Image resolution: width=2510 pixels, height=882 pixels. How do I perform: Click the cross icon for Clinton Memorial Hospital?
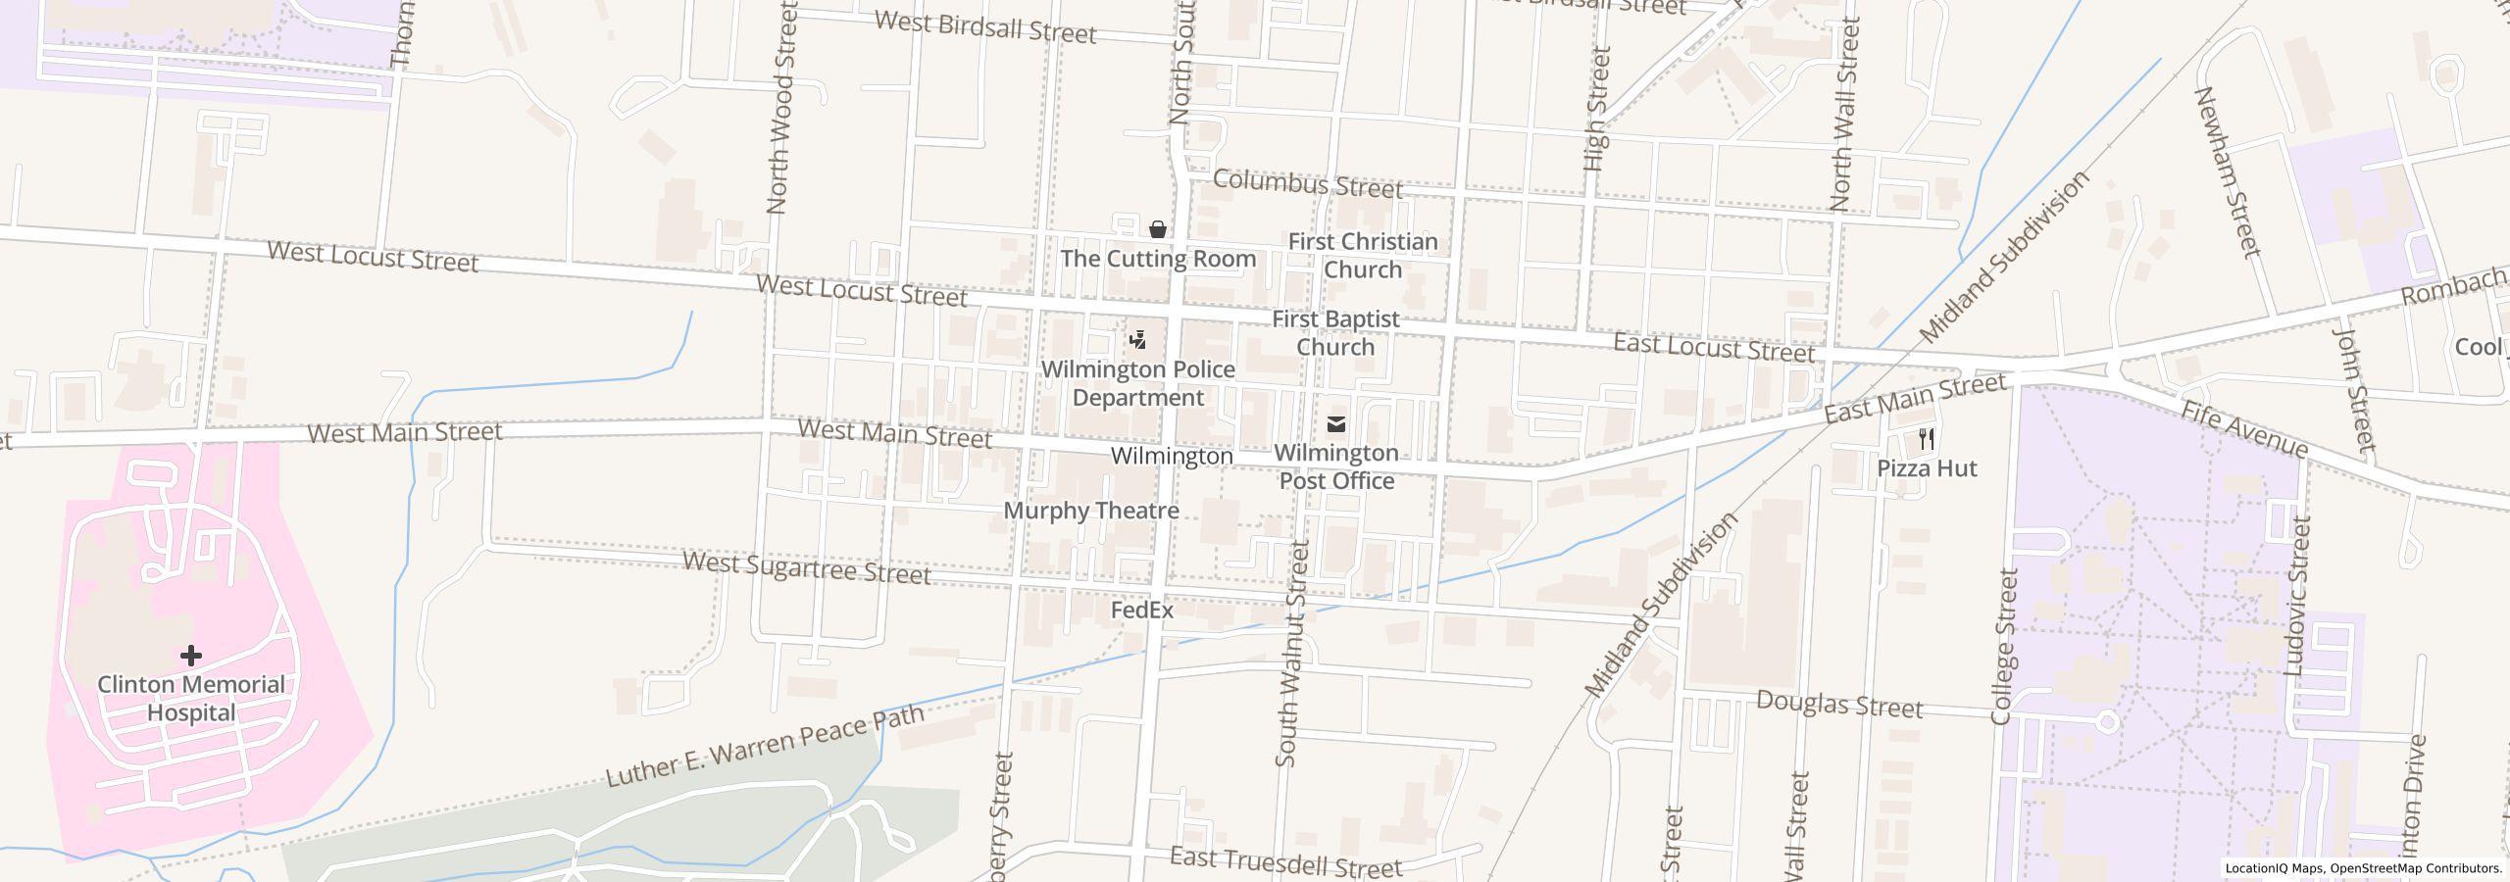(x=191, y=655)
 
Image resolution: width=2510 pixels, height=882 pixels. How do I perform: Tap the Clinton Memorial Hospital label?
(x=191, y=699)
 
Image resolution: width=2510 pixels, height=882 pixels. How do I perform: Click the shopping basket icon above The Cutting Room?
(x=1158, y=229)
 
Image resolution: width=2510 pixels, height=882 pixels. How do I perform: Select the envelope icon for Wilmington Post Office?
(x=1335, y=424)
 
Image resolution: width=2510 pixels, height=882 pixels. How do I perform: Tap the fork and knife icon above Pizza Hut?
(x=1927, y=438)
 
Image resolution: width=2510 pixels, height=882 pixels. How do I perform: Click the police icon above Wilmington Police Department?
(x=1137, y=340)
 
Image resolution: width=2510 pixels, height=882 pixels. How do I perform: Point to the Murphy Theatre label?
(x=1091, y=511)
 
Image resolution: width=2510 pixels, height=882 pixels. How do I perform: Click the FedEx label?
(x=1141, y=610)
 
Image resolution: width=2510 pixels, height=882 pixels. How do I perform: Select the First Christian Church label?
(x=1362, y=255)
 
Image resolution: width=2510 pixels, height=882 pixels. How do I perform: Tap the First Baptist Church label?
(x=1335, y=332)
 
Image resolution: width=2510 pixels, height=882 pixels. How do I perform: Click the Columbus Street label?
(x=1307, y=183)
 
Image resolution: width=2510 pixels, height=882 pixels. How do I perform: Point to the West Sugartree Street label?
(x=806, y=567)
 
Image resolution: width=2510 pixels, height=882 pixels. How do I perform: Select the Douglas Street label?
(x=1838, y=705)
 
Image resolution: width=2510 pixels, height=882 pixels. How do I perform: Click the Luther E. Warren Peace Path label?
(x=765, y=746)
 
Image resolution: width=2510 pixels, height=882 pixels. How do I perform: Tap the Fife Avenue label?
(x=2243, y=429)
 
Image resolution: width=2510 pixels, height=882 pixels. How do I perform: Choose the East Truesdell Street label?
(x=1285, y=862)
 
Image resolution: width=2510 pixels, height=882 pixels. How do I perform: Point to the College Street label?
(x=2004, y=647)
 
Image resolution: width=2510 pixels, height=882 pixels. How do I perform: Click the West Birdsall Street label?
(x=984, y=27)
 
